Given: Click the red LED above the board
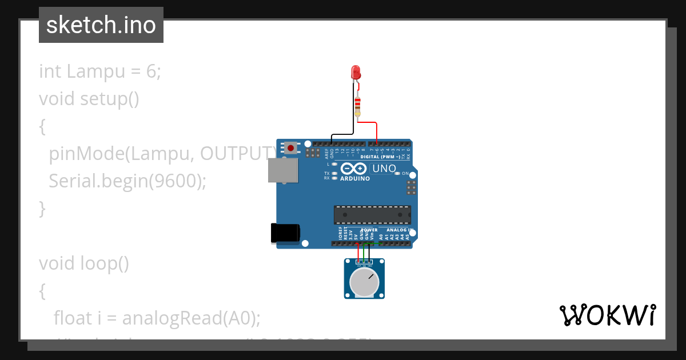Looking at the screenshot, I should pos(356,73).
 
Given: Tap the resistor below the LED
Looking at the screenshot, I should pos(358,106).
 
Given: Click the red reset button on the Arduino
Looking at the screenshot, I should pos(291,149).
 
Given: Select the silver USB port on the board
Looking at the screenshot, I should pos(282,170).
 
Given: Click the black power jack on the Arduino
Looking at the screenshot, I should pos(285,234).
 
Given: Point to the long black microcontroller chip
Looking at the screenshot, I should pos(372,214).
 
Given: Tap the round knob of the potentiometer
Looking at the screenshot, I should pos(364,282).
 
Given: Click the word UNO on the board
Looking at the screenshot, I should pos(384,169).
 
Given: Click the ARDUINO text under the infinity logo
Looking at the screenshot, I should pos(354,179).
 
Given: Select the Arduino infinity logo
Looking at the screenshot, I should pos(354,169).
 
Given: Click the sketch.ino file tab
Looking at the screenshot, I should pos(101,25).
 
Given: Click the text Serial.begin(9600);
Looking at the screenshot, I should pos(127,181).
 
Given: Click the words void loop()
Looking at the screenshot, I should pos(84,263).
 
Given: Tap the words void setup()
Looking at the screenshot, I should pos(89,99).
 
